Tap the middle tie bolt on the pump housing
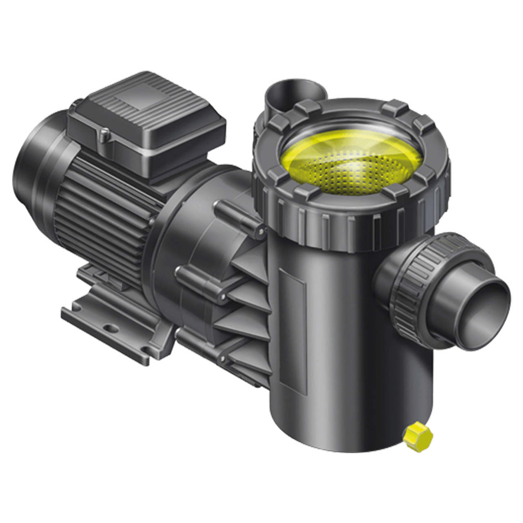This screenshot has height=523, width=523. click(200, 282)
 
